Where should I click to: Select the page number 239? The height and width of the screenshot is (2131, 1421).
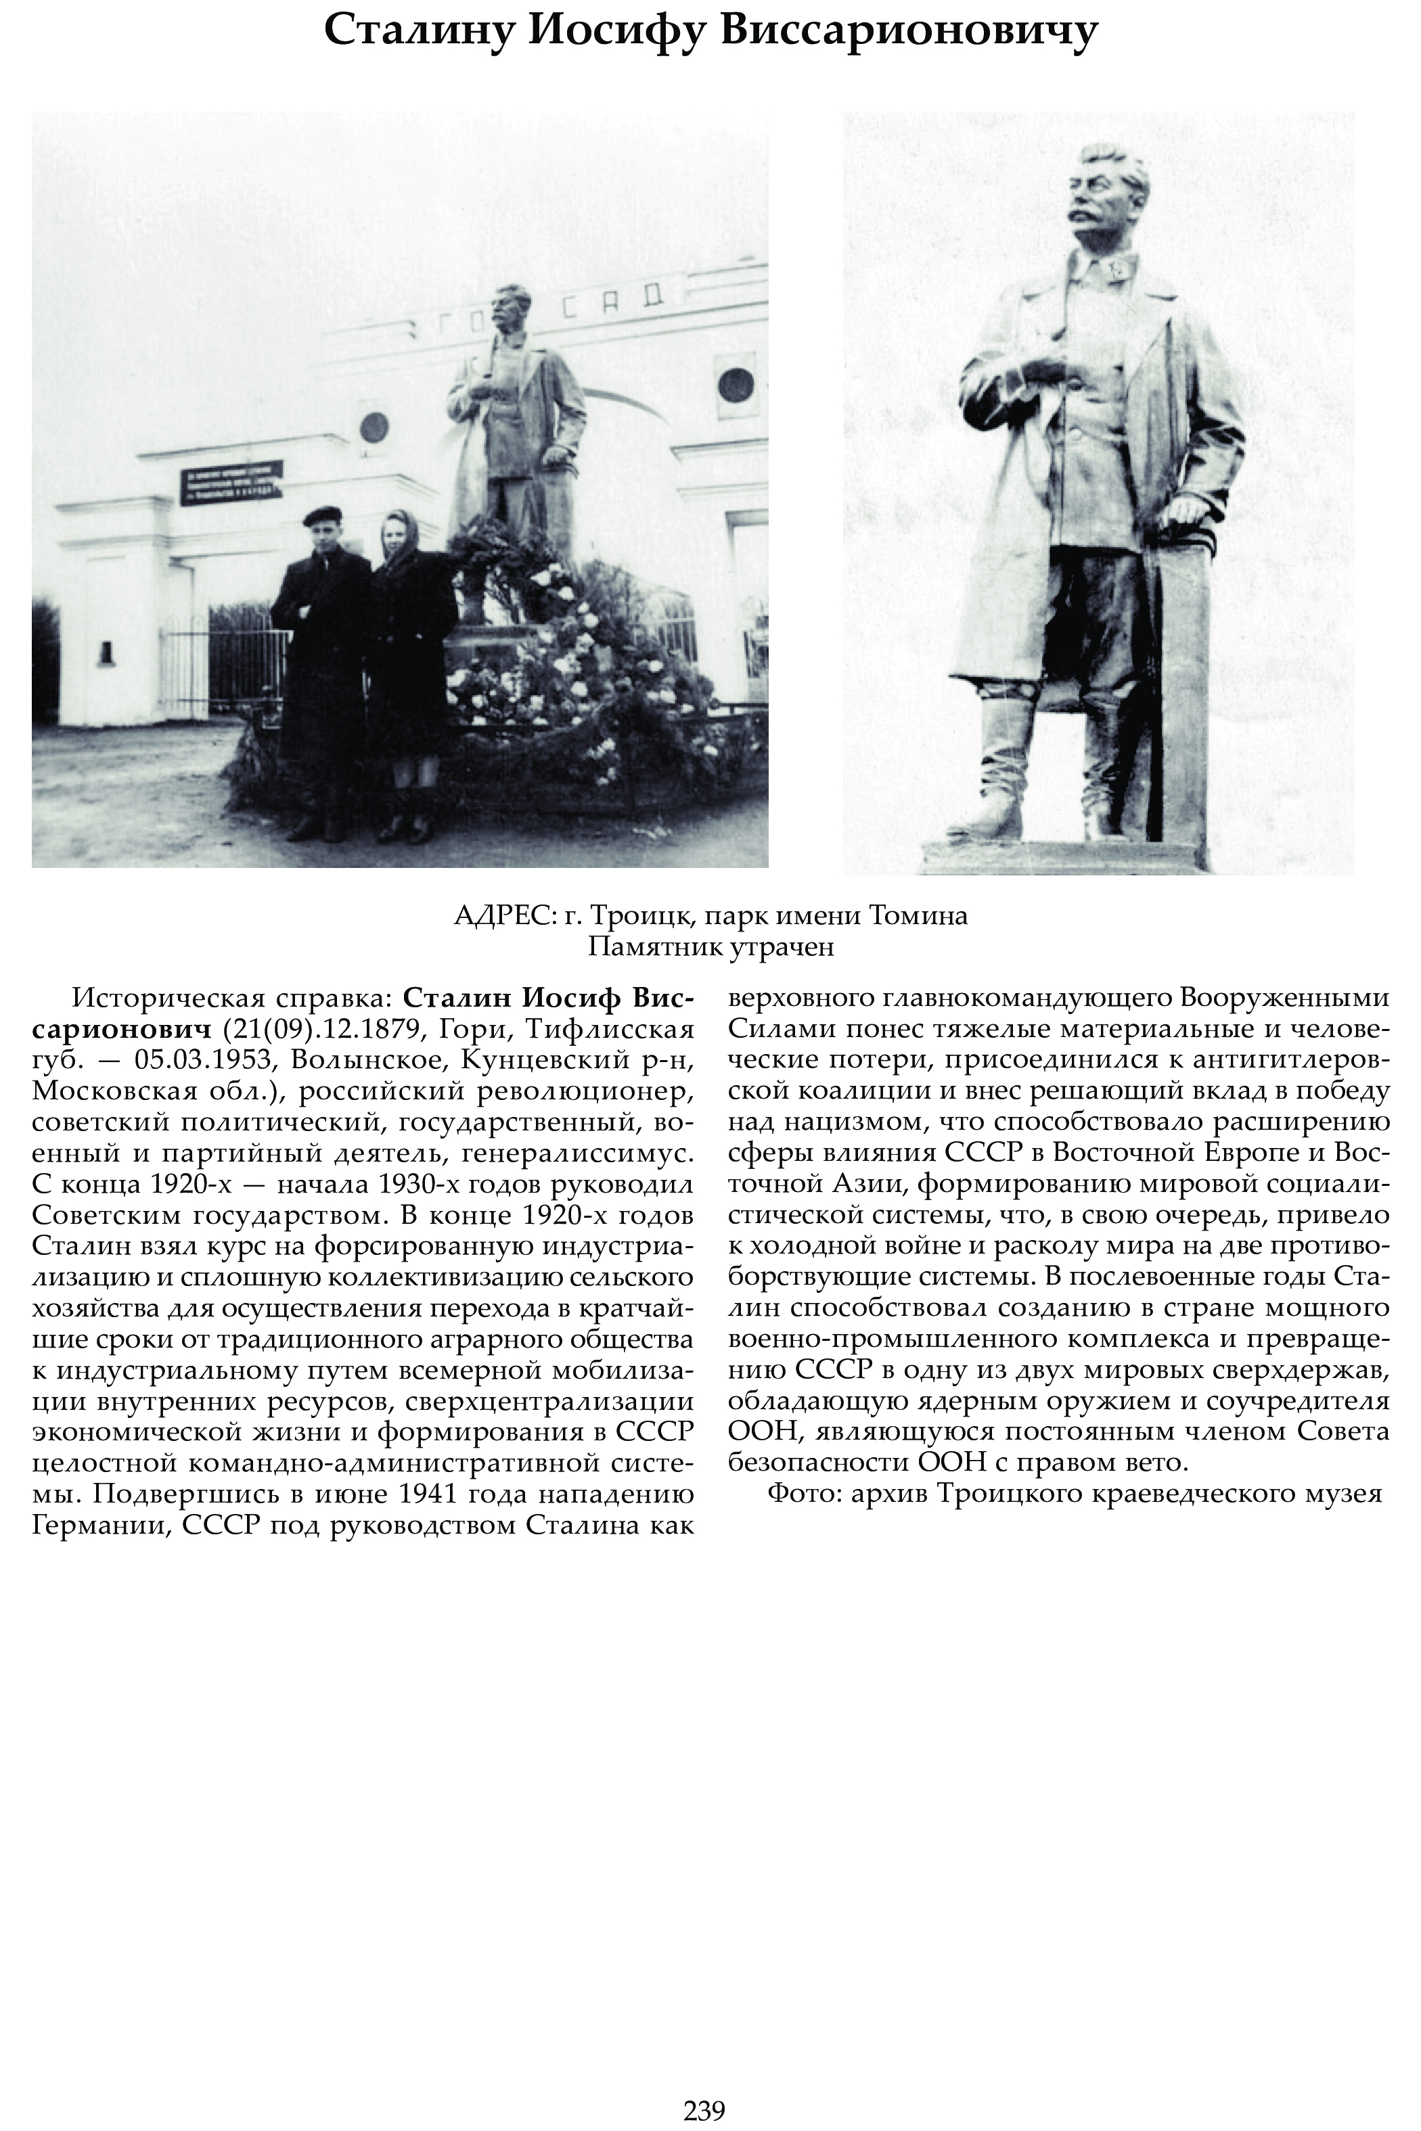[704, 2110]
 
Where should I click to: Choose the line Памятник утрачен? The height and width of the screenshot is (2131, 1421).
[710, 948]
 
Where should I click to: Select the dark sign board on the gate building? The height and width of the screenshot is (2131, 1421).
[232, 481]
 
